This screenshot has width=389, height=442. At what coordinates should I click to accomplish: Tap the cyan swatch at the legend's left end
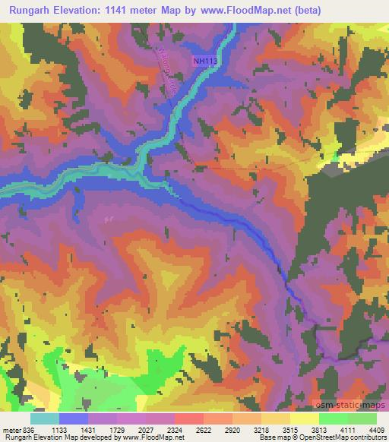[x=45, y=418]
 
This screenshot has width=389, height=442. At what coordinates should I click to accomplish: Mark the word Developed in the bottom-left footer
[x=94, y=437]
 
